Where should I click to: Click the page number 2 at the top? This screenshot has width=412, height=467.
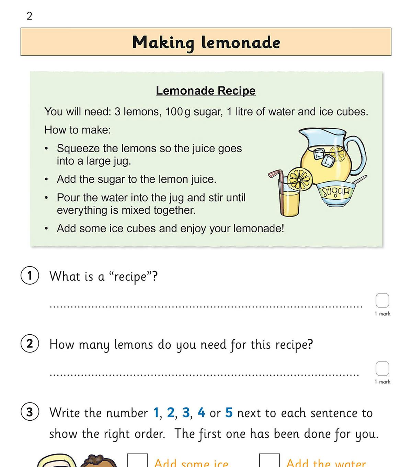click(29, 16)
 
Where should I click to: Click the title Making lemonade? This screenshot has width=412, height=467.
click(206, 42)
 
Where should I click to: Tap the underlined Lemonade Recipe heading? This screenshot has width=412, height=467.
click(206, 91)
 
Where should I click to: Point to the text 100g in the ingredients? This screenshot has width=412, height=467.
click(178, 112)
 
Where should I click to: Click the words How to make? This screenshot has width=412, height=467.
click(78, 130)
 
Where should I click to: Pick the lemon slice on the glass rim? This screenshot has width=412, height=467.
click(300, 179)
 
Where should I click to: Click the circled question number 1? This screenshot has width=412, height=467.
click(30, 276)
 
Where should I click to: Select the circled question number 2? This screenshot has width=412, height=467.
click(30, 344)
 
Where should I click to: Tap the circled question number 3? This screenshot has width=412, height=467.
click(30, 412)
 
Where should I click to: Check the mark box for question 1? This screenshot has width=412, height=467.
click(382, 300)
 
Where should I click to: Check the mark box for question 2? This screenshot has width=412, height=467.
click(382, 368)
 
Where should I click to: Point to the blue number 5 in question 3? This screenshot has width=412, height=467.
click(229, 413)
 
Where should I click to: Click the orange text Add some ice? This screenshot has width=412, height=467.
click(191, 463)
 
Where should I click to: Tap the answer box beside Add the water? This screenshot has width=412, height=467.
click(269, 461)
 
